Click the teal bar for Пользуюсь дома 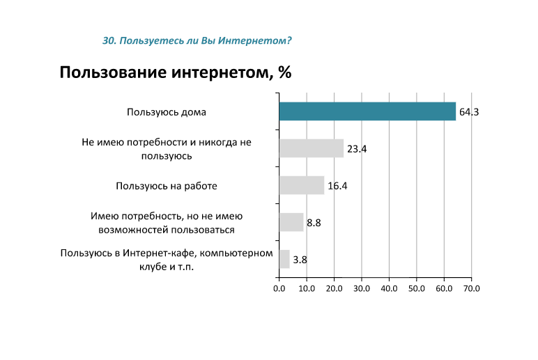pos(367,111)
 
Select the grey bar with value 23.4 pos(311,148)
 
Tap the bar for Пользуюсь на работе pos(301,185)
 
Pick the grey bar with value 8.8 pos(291,222)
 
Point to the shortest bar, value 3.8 pos(284,259)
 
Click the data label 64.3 pos(468,112)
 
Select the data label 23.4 pos(357,149)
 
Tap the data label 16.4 pos(337,186)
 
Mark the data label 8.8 pos(314,223)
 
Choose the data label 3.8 pos(300,260)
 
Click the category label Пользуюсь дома pos(167,112)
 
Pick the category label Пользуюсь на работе pos(167,186)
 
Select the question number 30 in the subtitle pos(108,40)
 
